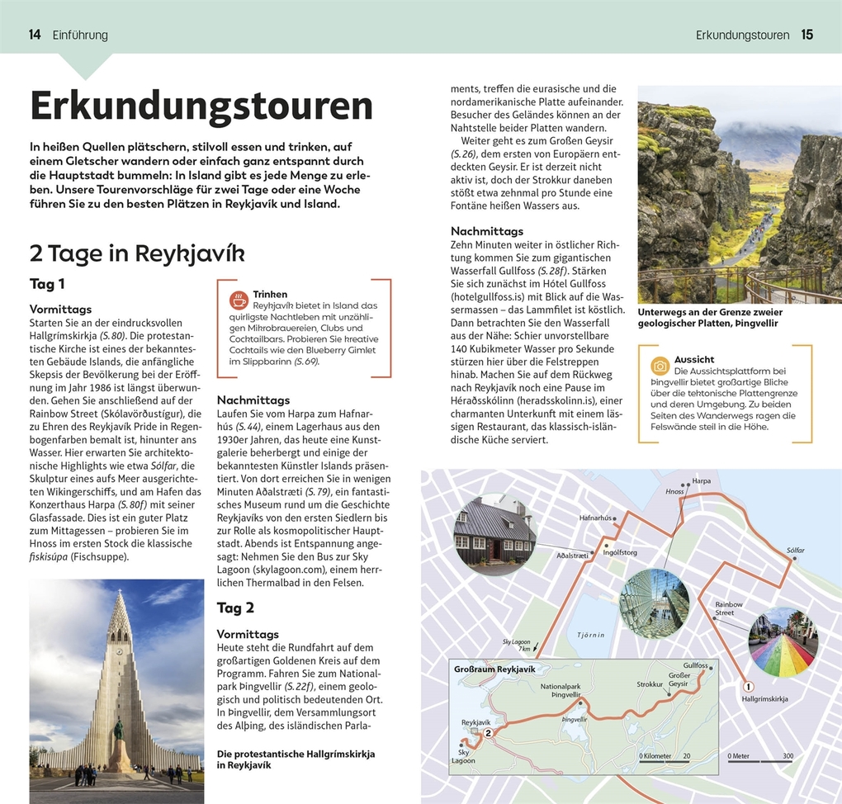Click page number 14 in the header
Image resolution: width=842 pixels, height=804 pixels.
(35, 35)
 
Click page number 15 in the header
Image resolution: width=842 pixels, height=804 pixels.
(807, 35)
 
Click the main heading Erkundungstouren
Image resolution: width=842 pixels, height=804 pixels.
(201, 106)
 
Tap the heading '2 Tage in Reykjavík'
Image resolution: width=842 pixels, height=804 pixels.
(137, 253)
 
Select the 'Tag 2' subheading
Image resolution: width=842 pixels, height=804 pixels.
(235, 608)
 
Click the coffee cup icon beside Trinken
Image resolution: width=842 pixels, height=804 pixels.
(239, 299)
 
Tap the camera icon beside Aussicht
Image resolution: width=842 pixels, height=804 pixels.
(660, 365)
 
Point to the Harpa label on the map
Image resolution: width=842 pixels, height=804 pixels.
(702, 480)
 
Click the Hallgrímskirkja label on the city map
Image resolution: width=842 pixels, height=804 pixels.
(764, 699)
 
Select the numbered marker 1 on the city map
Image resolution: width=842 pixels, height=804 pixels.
(749, 686)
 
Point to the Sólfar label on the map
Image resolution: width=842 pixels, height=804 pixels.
(795, 550)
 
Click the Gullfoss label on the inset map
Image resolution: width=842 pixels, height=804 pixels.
(696, 665)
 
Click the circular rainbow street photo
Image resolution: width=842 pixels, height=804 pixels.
(782, 641)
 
